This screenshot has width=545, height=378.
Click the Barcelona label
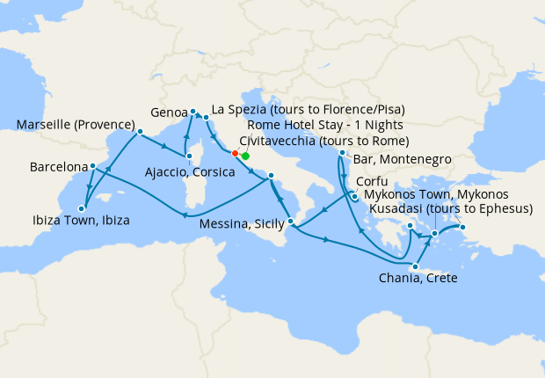[x=58, y=166]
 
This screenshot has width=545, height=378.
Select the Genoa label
[x=168, y=113]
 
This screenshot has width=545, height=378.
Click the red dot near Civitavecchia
[x=235, y=153]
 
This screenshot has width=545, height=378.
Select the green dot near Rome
[x=245, y=156]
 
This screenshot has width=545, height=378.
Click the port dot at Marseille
[x=139, y=133]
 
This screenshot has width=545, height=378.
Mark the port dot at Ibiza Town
[x=81, y=208]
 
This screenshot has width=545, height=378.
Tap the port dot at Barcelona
[x=92, y=166]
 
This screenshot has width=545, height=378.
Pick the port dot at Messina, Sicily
[x=289, y=208]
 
